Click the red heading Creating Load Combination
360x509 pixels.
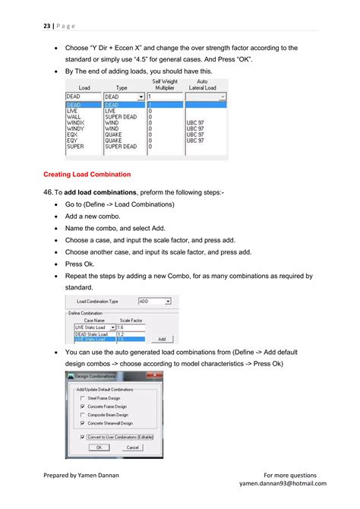point(87,174)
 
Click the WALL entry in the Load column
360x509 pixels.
point(74,116)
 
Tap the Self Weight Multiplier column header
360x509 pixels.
point(166,84)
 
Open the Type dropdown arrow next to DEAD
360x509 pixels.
point(141,97)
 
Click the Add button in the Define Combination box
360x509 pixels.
point(161,339)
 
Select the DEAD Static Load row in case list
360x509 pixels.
point(92,334)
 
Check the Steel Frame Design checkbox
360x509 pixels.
point(82,397)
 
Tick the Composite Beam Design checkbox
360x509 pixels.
point(82,414)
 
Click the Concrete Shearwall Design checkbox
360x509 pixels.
point(82,422)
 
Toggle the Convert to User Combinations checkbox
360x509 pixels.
point(82,437)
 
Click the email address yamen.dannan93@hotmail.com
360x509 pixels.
point(283,483)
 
